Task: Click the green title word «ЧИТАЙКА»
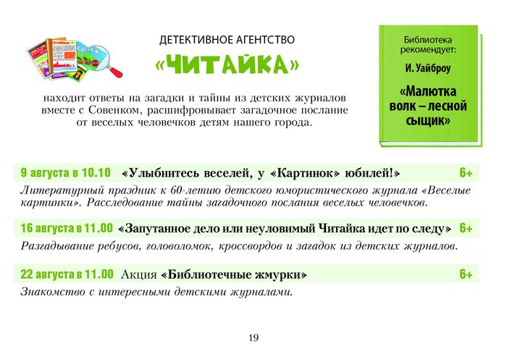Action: pyautogui.click(x=227, y=64)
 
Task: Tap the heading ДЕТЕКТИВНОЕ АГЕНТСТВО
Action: pyautogui.click(x=227, y=40)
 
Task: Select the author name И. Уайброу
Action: pyautogui.click(x=428, y=69)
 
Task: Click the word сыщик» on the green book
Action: pyautogui.click(x=428, y=120)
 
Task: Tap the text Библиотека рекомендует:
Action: pyautogui.click(x=428, y=45)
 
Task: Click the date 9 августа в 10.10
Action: pyautogui.click(x=66, y=172)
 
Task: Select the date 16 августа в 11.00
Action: pyautogui.click(x=67, y=228)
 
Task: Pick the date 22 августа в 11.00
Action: pyautogui.click(x=67, y=274)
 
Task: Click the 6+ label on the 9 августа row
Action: pyautogui.click(x=466, y=172)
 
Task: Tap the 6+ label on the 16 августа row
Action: pyautogui.click(x=466, y=228)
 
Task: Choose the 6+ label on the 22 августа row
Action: pyautogui.click(x=466, y=275)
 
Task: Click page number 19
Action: pyautogui.click(x=253, y=338)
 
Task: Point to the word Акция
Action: pyautogui.click(x=139, y=275)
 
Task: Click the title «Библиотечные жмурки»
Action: pyautogui.click(x=233, y=275)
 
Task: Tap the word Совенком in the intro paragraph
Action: pyautogui.click(x=115, y=110)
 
